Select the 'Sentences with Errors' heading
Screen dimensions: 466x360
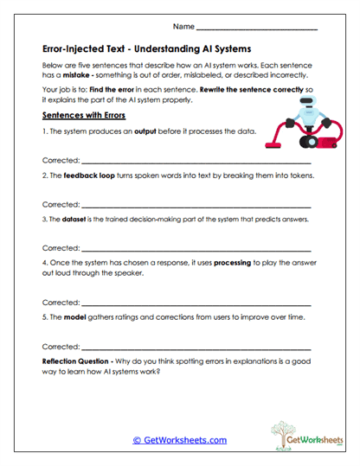pyautogui.click(x=83, y=115)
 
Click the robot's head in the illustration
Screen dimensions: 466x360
pyautogui.click(x=308, y=101)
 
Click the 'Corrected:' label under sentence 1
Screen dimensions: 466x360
pyautogui.click(x=61, y=161)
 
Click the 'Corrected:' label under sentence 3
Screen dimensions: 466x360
pyautogui.click(x=61, y=247)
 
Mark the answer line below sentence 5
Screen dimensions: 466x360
pyautogui.click(x=196, y=348)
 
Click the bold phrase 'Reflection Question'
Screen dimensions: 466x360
pyautogui.click(x=82, y=361)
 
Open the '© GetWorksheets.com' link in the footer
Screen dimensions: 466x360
pyautogui.click(x=179, y=439)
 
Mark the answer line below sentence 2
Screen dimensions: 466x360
pyautogui.click(x=196, y=206)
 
